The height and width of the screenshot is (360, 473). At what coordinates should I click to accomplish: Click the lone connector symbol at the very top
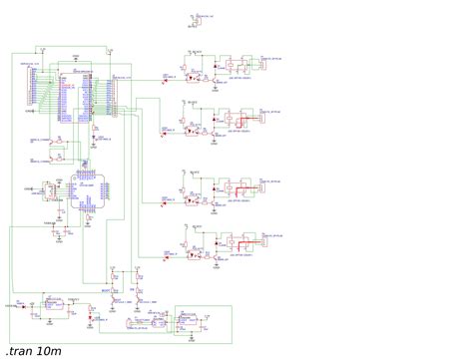click(196, 19)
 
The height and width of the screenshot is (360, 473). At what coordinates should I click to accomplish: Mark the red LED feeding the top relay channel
click(168, 73)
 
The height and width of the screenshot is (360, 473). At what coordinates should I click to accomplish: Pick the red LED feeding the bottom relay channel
click(168, 248)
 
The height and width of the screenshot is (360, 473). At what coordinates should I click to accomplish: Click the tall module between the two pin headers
click(75, 94)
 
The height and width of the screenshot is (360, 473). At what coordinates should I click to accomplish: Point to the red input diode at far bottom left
click(22, 304)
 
